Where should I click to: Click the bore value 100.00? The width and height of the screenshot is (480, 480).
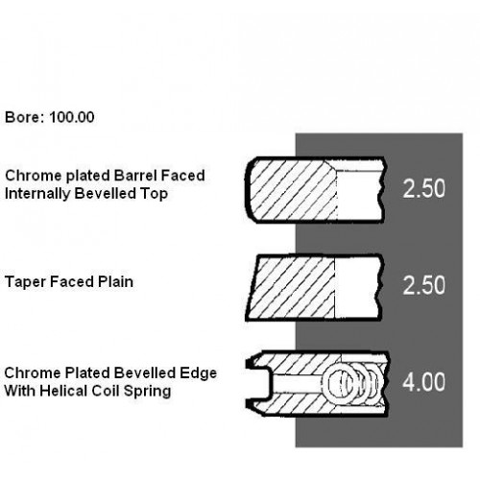pos(72,117)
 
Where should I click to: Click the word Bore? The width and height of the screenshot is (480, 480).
pos(22,117)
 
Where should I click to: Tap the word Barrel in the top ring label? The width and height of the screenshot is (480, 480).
pos(135,176)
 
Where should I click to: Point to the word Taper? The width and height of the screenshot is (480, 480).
pos(25,282)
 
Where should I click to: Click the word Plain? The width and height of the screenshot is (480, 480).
pos(115,282)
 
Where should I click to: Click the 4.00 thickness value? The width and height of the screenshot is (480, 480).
pos(423,382)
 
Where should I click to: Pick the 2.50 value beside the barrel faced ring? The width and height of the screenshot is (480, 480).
pos(423,188)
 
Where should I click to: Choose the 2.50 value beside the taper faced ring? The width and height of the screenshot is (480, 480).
pos(423,285)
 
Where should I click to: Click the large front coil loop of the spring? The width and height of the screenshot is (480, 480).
pos(324,383)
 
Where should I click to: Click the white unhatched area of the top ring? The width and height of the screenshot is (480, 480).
pos(359,195)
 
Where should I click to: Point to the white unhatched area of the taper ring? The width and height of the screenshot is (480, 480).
pos(358,288)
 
